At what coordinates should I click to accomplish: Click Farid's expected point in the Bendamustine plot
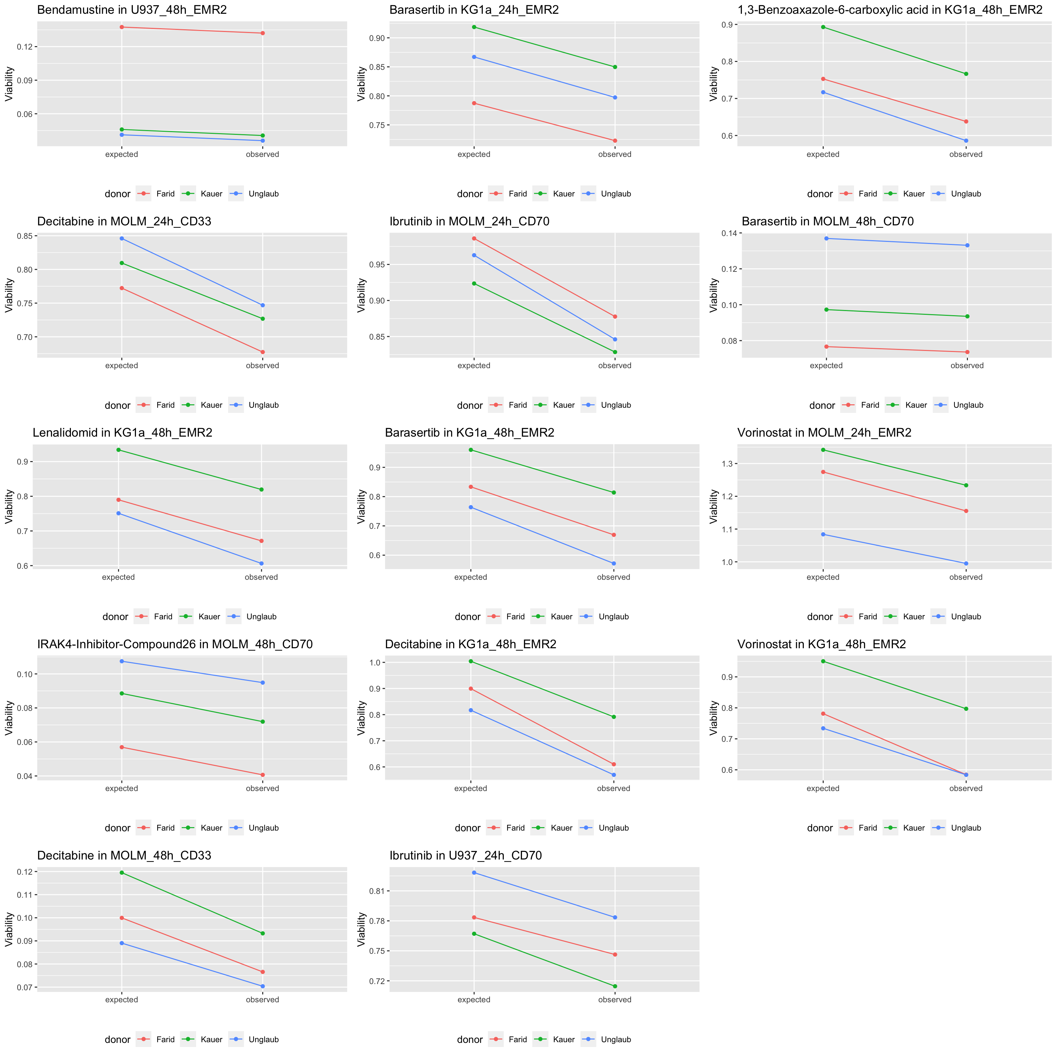[121, 27]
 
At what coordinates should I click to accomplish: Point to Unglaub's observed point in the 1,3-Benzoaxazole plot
[966, 141]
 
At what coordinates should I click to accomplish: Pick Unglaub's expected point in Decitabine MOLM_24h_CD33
[121, 238]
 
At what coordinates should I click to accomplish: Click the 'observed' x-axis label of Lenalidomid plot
[261, 577]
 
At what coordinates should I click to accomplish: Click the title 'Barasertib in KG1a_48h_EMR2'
[469, 433]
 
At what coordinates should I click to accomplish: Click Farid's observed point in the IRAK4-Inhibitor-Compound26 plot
[263, 775]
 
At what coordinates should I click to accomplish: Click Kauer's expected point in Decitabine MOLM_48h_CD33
[121, 873]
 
